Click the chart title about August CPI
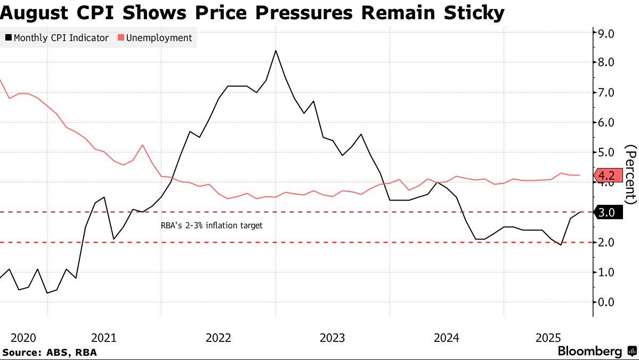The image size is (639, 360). click(252, 12)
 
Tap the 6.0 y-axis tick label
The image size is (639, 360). click(607, 122)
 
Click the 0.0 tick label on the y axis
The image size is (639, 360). click(607, 302)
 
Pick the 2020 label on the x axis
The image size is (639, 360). click(23, 338)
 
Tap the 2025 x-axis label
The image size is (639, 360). click(548, 338)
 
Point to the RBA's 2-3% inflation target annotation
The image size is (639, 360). click(212, 226)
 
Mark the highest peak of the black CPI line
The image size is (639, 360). click(276, 51)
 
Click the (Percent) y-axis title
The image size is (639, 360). click(630, 174)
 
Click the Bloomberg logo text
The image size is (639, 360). click(589, 351)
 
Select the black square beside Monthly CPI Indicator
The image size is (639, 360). click(8, 38)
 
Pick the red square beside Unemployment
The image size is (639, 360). click(121, 38)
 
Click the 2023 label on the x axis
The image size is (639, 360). click(332, 338)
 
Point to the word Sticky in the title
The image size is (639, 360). click(476, 12)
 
